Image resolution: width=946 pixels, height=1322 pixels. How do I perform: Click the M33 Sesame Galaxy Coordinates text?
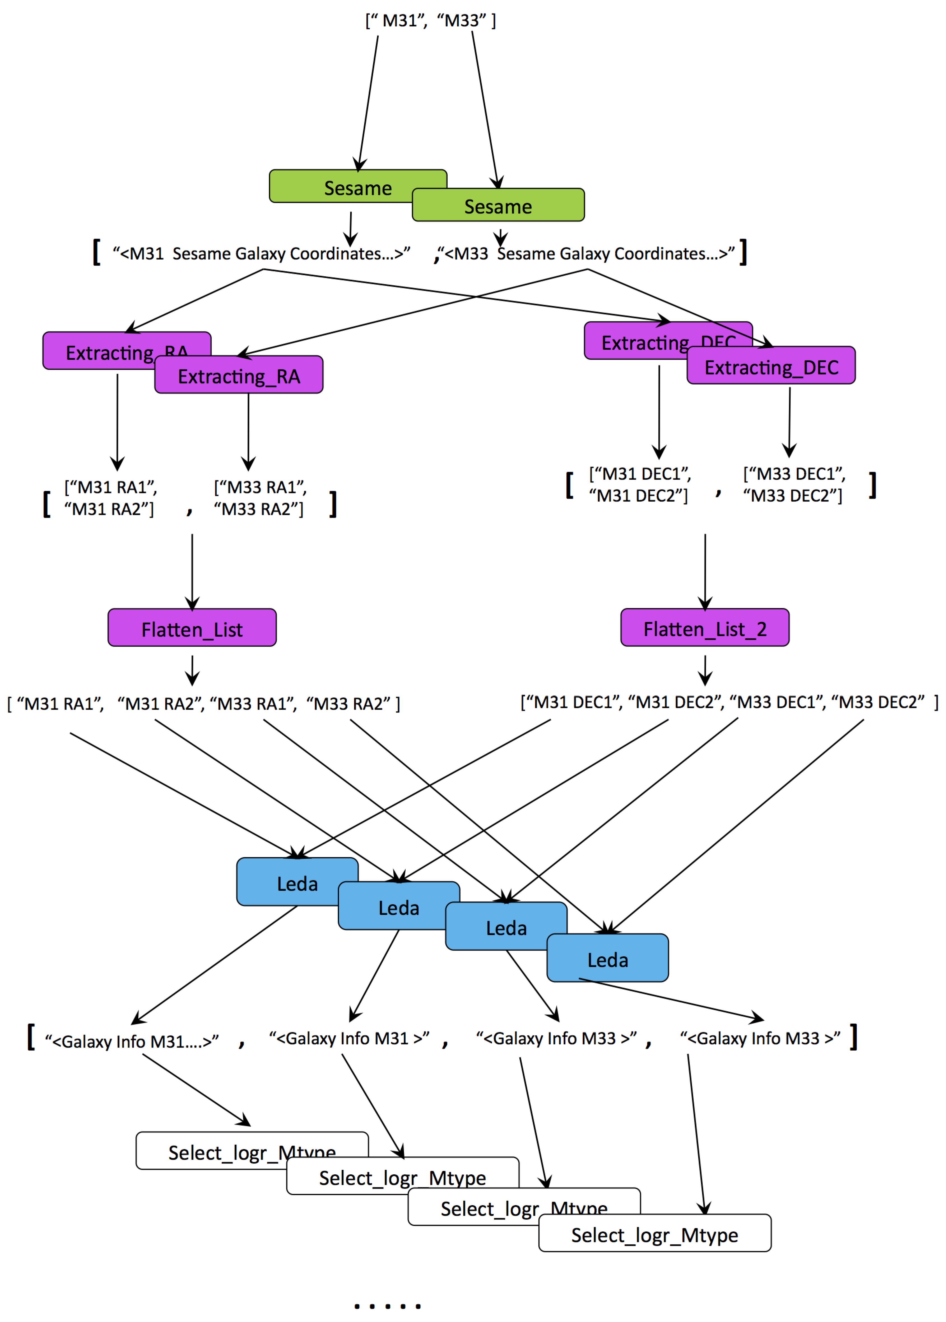click(588, 254)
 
